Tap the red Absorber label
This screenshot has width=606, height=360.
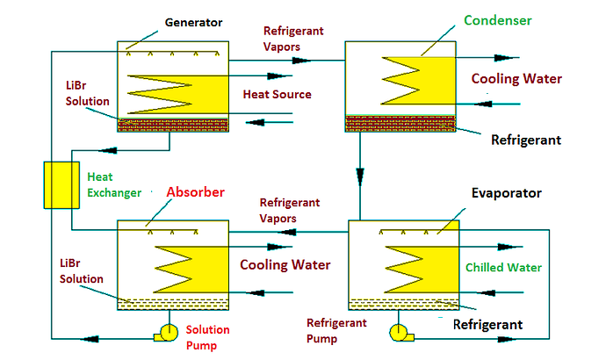[x=195, y=191]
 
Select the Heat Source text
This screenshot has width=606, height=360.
[x=277, y=94]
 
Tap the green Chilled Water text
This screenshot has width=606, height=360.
[x=503, y=267]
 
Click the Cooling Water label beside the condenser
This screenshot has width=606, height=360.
[x=516, y=79]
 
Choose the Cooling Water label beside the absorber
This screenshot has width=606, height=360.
[x=285, y=264]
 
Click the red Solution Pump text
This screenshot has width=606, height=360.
[x=208, y=337]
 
